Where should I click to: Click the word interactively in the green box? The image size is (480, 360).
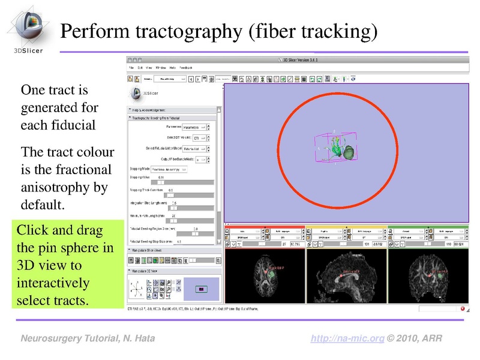coord(53,282)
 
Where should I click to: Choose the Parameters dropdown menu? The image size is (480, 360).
coord(198,127)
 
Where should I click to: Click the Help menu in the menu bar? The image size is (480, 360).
coord(172,68)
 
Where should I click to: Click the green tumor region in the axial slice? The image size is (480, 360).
coord(274,276)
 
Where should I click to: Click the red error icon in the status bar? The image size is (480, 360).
coord(463,308)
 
